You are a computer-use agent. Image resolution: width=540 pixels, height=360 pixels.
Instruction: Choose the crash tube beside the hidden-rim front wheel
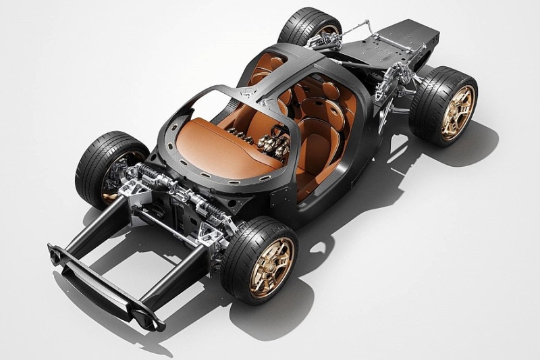(x=94, y=230)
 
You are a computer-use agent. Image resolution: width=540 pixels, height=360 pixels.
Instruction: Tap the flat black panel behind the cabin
(x=398, y=41)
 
